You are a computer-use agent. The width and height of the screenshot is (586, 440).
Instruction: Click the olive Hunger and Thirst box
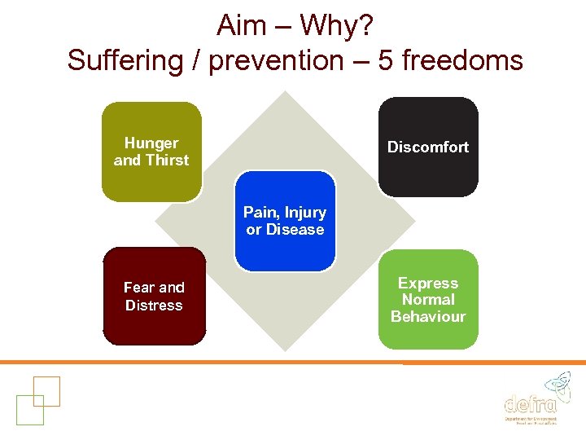tap(151, 152)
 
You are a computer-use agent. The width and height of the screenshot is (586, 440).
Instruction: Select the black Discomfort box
tap(428, 147)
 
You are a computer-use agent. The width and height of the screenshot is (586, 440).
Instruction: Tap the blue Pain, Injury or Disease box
tap(285, 221)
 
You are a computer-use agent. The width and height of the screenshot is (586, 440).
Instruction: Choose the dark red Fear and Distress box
tap(154, 297)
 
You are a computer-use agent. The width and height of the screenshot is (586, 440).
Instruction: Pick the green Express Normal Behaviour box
tap(428, 300)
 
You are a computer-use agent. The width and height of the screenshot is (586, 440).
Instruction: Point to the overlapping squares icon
tap(37, 399)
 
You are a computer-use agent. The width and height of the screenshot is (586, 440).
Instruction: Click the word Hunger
tap(151, 143)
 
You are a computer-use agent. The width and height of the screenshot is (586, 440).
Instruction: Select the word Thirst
tap(167, 161)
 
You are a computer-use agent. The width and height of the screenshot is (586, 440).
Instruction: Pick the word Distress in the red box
tap(154, 306)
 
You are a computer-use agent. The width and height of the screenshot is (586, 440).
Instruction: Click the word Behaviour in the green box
tap(428, 317)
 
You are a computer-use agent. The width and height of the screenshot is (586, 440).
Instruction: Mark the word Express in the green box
tap(428, 283)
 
